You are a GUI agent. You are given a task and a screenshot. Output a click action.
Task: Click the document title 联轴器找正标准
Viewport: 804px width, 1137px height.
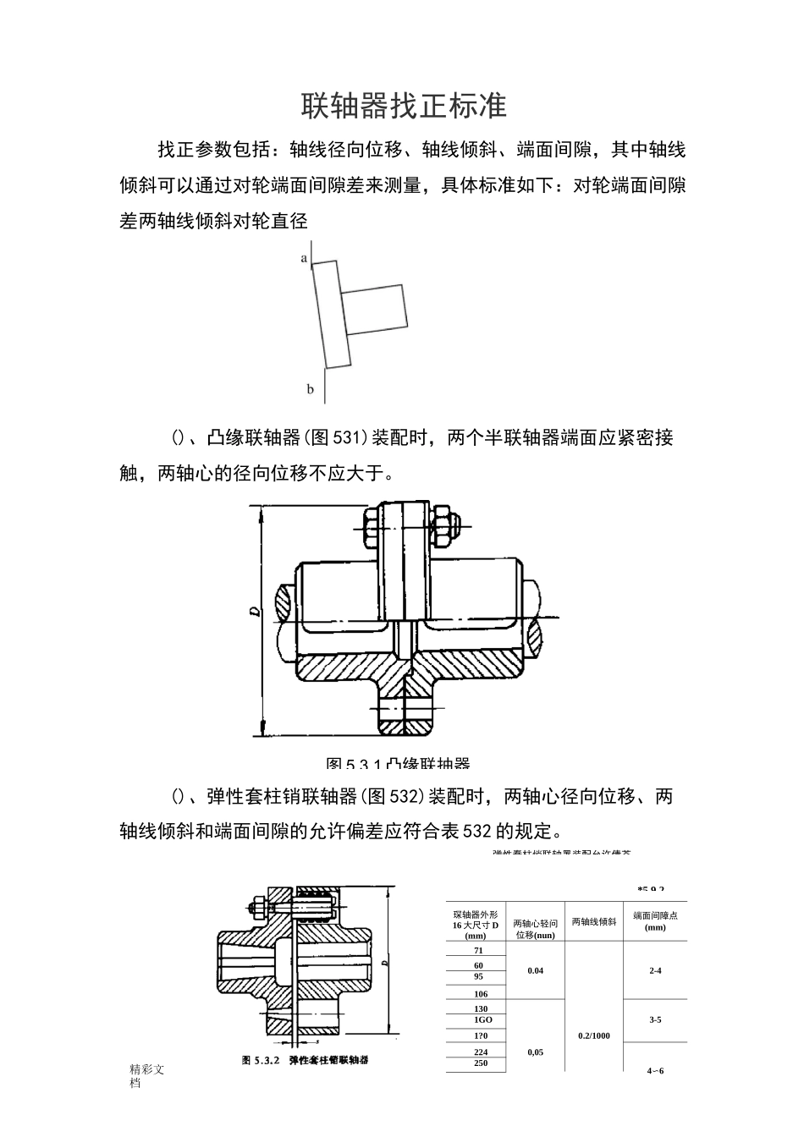click(403, 106)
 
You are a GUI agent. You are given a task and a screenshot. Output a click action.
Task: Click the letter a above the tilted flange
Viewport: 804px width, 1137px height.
click(304, 258)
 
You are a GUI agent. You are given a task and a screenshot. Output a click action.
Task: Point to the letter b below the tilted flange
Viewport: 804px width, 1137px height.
click(310, 389)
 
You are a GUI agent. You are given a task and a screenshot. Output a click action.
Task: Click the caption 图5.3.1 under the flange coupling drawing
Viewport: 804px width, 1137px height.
click(398, 763)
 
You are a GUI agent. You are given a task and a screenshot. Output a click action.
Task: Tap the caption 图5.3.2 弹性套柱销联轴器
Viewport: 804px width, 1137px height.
click(305, 1059)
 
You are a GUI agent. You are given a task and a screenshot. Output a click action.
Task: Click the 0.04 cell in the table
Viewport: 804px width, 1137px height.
click(535, 970)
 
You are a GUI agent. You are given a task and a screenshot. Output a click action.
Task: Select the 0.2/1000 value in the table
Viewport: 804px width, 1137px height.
click(593, 1035)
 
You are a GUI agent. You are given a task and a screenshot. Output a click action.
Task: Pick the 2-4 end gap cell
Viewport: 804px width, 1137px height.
click(655, 970)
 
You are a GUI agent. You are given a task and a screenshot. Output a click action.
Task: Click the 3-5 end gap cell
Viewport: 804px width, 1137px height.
click(655, 1019)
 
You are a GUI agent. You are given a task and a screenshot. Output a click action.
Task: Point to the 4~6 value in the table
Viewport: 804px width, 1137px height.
click(655, 1070)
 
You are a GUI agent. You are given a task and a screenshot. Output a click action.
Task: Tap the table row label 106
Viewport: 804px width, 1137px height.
click(481, 993)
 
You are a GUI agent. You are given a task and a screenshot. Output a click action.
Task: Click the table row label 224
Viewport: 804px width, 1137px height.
click(481, 1052)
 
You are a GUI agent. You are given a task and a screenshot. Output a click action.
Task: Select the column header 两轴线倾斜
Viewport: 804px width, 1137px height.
click(593, 921)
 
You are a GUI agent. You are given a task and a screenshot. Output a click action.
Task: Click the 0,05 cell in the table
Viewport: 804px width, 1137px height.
click(535, 1052)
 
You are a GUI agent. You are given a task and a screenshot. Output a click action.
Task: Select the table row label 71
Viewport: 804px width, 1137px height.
click(478, 950)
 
